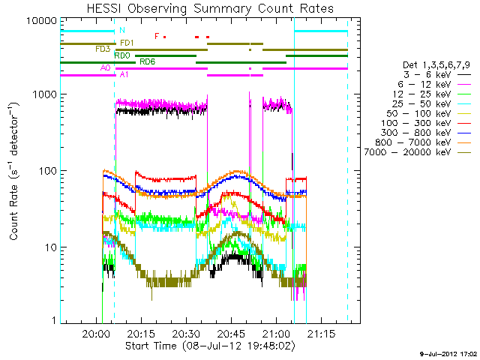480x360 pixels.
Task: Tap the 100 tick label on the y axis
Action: [46, 171]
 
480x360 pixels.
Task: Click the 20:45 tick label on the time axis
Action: [230, 334]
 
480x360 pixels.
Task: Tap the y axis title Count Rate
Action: [15, 171]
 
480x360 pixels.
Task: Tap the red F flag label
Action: [156, 36]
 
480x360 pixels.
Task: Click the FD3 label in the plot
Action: [103, 49]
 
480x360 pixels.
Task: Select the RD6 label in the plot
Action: [147, 61]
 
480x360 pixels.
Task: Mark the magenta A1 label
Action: [124, 75]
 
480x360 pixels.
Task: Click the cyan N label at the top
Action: [121, 30]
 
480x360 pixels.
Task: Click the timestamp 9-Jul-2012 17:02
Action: [447, 352]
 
